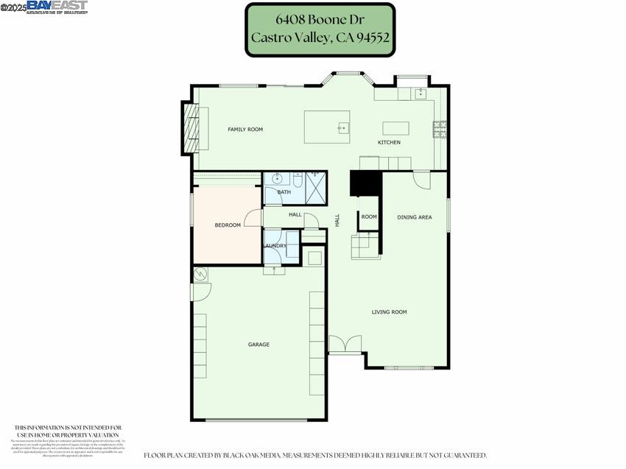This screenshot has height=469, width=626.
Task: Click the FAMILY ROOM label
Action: point(245,130)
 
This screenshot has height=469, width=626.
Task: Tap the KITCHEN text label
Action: point(389,142)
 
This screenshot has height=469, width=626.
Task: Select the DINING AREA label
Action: point(414,217)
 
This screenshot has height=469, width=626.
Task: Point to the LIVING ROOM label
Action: point(389,312)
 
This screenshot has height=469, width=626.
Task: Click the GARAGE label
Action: point(259,345)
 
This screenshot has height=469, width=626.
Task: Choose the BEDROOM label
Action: point(228,225)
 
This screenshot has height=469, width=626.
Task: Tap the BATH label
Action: point(284,192)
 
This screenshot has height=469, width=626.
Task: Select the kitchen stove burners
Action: point(440,130)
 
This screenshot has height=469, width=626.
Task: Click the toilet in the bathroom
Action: point(298,179)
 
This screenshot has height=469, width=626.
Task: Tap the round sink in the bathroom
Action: point(278,179)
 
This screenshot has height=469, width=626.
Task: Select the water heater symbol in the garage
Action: point(201,275)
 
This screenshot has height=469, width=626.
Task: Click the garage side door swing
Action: point(198,292)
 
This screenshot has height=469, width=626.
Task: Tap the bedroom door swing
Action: point(253,219)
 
